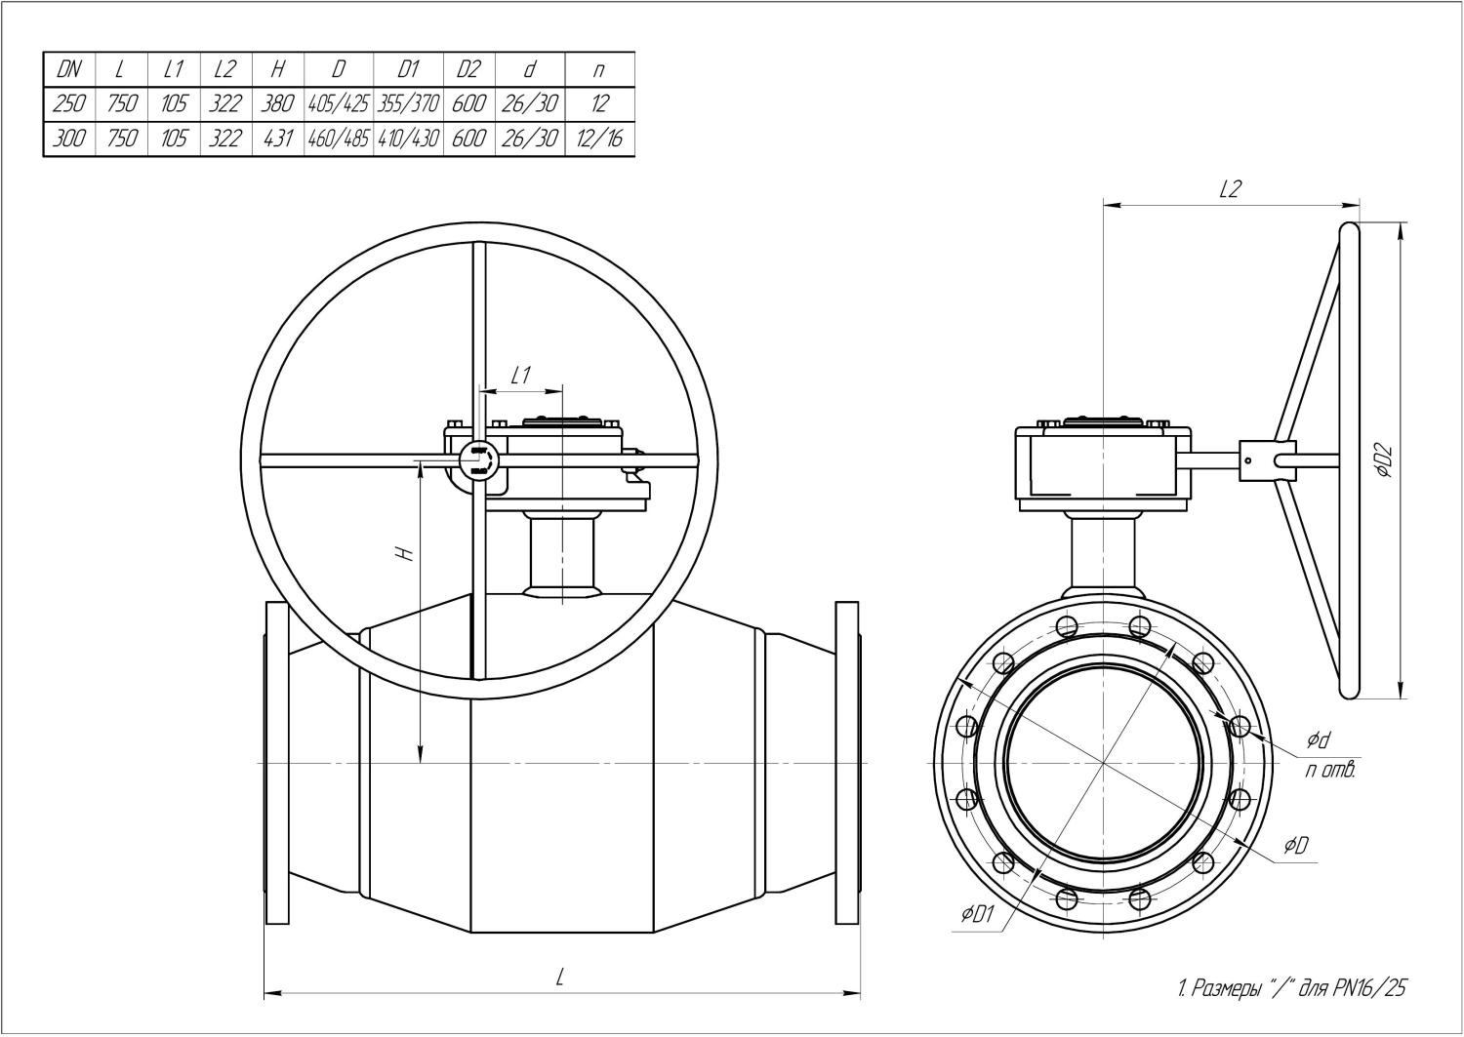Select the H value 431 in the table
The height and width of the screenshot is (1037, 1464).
tap(278, 139)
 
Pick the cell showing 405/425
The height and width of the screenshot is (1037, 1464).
tap(338, 103)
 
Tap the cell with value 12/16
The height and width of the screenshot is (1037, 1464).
tap(598, 139)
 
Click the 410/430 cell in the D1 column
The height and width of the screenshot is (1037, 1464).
tap(408, 139)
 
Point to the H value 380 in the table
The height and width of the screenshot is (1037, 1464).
tap(278, 103)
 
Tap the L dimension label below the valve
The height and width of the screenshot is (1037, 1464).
tap(560, 977)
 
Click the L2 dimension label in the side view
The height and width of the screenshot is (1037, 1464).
tap(1230, 189)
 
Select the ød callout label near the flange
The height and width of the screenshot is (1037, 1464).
tap(1319, 741)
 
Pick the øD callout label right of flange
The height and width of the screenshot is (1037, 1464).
tap(1296, 845)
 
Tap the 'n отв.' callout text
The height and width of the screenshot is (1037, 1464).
tap(1330, 771)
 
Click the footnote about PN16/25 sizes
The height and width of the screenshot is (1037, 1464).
tap(1292, 989)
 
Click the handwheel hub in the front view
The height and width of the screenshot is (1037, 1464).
tap(479, 458)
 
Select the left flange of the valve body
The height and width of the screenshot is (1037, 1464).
tap(278, 763)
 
